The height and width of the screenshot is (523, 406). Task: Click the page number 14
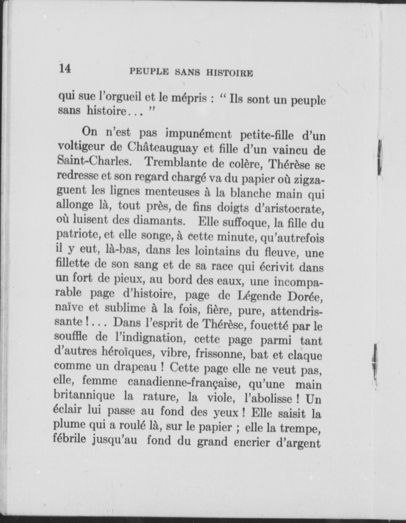click(x=65, y=68)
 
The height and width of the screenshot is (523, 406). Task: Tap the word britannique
click(x=85, y=395)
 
